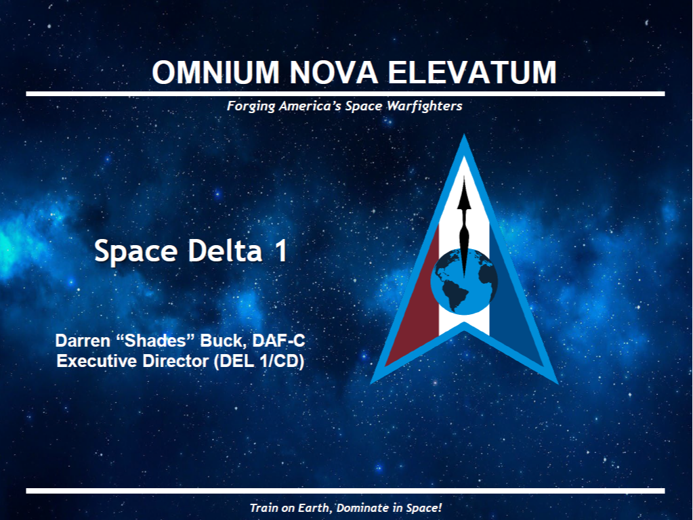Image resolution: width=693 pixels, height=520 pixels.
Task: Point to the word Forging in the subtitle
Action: (x=251, y=106)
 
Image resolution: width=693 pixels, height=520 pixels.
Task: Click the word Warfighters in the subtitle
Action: (x=425, y=106)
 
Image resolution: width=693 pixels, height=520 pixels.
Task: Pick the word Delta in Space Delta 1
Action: (x=225, y=251)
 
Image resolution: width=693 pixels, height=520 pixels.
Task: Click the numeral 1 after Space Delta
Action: (x=281, y=251)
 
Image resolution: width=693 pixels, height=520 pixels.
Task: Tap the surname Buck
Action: (x=223, y=341)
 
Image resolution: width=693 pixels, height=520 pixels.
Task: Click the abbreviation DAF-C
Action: (x=278, y=341)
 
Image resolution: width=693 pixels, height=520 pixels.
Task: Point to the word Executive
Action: (x=97, y=361)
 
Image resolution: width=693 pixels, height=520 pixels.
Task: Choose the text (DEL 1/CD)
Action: (x=259, y=362)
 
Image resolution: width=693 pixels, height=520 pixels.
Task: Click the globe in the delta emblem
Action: (x=464, y=282)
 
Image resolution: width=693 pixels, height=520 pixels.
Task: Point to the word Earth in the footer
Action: (x=314, y=508)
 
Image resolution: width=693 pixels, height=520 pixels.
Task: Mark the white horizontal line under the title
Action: (x=345, y=93)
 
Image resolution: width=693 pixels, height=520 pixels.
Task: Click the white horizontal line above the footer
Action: (x=345, y=491)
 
